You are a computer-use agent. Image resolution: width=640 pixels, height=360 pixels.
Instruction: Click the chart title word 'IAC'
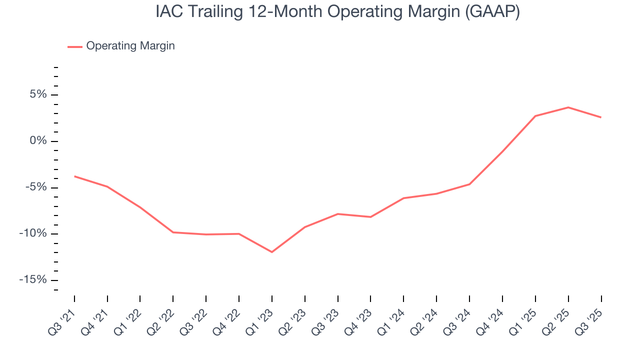tap(168, 12)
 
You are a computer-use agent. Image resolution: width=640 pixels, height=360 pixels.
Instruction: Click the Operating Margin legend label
tap(130, 46)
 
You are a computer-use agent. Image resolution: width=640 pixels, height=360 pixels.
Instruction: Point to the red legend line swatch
tap(75, 46)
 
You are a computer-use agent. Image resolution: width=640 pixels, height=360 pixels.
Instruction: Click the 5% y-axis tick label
tap(38, 95)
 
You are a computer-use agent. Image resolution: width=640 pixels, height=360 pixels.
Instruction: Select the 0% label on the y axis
tap(38, 141)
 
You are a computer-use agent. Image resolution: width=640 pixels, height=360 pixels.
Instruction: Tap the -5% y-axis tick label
tap(36, 187)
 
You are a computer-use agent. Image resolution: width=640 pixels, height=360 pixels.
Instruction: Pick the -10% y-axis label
tap(33, 234)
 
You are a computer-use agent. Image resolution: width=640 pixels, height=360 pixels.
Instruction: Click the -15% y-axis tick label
tap(33, 280)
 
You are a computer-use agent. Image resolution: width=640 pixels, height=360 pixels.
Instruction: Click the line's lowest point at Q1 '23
tap(272, 252)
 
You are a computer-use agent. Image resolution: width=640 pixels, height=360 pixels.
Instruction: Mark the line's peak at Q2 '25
tap(568, 107)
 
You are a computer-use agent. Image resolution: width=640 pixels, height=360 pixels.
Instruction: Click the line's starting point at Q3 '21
tap(74, 176)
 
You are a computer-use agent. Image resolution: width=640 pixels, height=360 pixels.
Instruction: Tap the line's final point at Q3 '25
tap(600, 117)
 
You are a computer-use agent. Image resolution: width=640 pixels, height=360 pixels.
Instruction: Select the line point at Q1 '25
tap(535, 116)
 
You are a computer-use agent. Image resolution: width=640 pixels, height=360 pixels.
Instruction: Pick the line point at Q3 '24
tap(469, 184)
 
